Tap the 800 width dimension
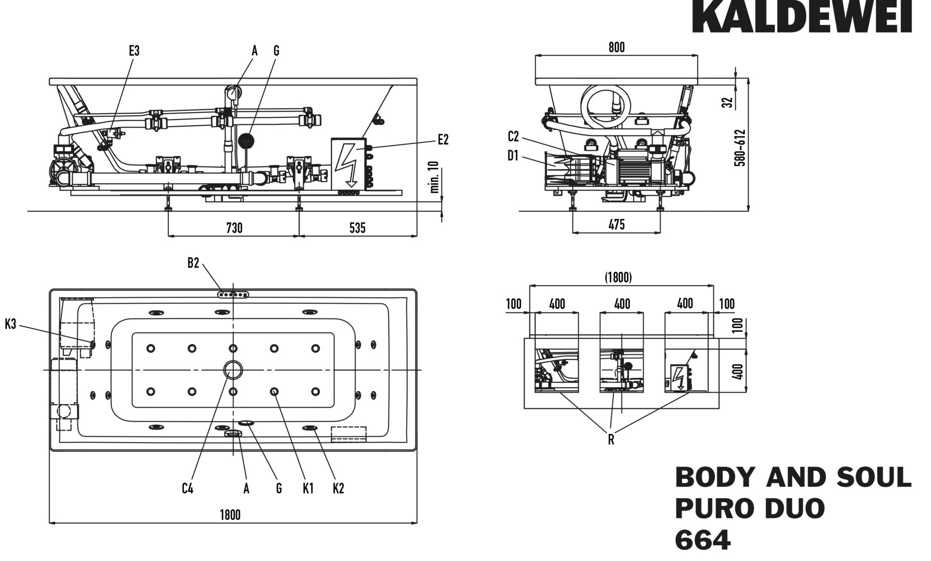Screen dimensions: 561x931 616,47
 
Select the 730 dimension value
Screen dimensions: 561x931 234,228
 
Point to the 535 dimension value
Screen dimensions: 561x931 357,228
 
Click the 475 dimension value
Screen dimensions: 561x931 616,224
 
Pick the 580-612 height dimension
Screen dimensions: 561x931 740,148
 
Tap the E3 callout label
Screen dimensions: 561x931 134,51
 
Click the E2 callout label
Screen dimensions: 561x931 443,139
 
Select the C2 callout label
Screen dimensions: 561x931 513,137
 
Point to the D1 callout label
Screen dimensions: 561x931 513,155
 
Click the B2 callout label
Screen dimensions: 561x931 193,263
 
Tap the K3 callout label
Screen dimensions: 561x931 10,325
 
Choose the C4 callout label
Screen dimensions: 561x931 188,488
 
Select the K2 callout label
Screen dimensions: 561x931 338,488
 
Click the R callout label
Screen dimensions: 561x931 611,440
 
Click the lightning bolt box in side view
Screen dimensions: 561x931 348,164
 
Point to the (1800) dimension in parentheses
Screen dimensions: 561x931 618,277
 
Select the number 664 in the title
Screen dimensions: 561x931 702,540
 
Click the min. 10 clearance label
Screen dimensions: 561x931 435,177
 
